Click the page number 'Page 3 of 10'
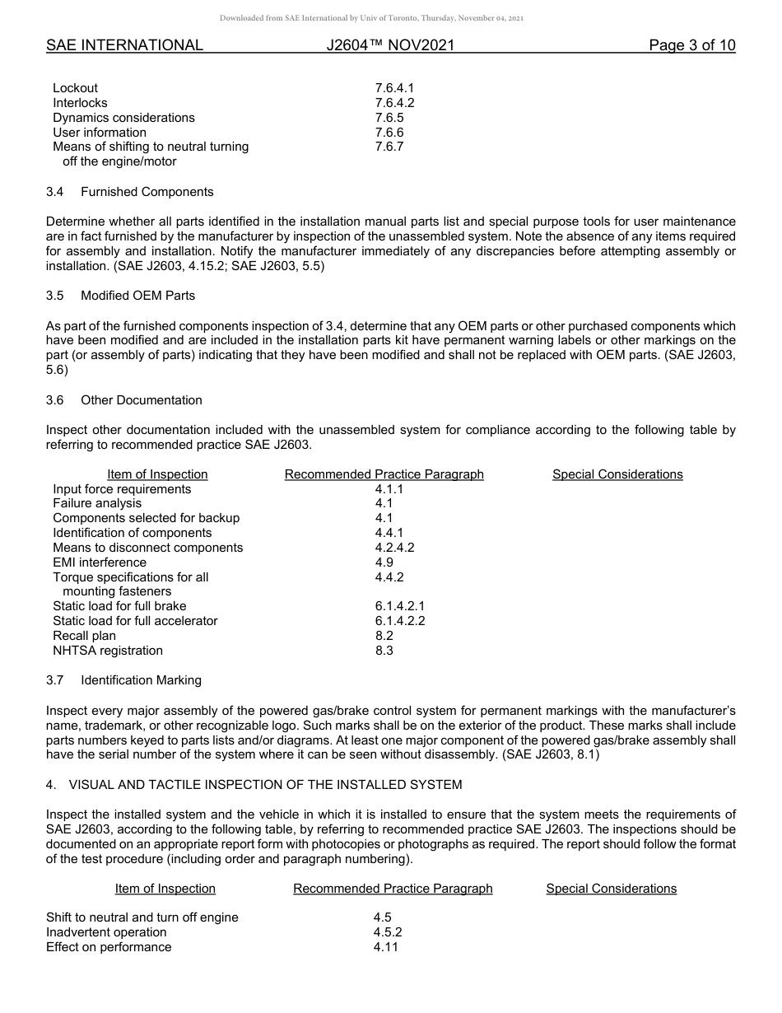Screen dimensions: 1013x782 click(x=691, y=45)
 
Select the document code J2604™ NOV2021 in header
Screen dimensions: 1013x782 click(x=390, y=45)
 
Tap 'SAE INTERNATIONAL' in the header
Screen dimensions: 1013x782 click(x=124, y=45)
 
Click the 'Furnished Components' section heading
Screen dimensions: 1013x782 click(x=147, y=192)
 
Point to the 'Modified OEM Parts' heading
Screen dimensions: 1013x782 click(x=137, y=295)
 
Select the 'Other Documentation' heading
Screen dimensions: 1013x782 click(x=141, y=400)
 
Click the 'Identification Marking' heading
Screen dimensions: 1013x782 click(x=141, y=680)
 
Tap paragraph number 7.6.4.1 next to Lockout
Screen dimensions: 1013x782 click(x=394, y=88)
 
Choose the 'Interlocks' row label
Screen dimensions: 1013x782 click(x=80, y=103)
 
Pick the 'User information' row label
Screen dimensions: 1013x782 click(x=100, y=133)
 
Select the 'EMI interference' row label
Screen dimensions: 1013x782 click(x=100, y=563)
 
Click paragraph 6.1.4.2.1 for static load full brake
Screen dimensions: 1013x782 click(x=400, y=606)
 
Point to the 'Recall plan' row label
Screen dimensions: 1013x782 click(x=84, y=636)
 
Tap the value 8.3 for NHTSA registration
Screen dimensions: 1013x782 click(x=384, y=651)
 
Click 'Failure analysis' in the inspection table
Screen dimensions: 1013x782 click(x=97, y=503)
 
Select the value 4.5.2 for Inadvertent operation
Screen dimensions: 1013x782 click(x=387, y=932)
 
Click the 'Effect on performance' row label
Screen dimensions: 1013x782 click(x=109, y=947)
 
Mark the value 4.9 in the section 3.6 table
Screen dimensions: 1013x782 click(x=384, y=563)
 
